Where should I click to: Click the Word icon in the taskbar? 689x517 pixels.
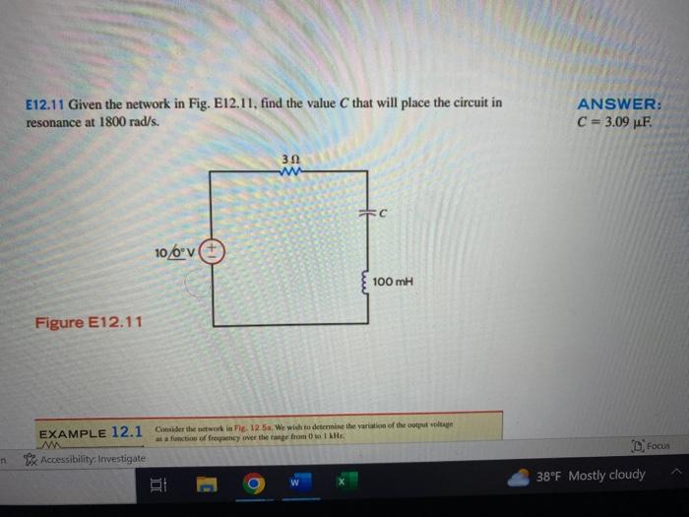pos(295,484)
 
